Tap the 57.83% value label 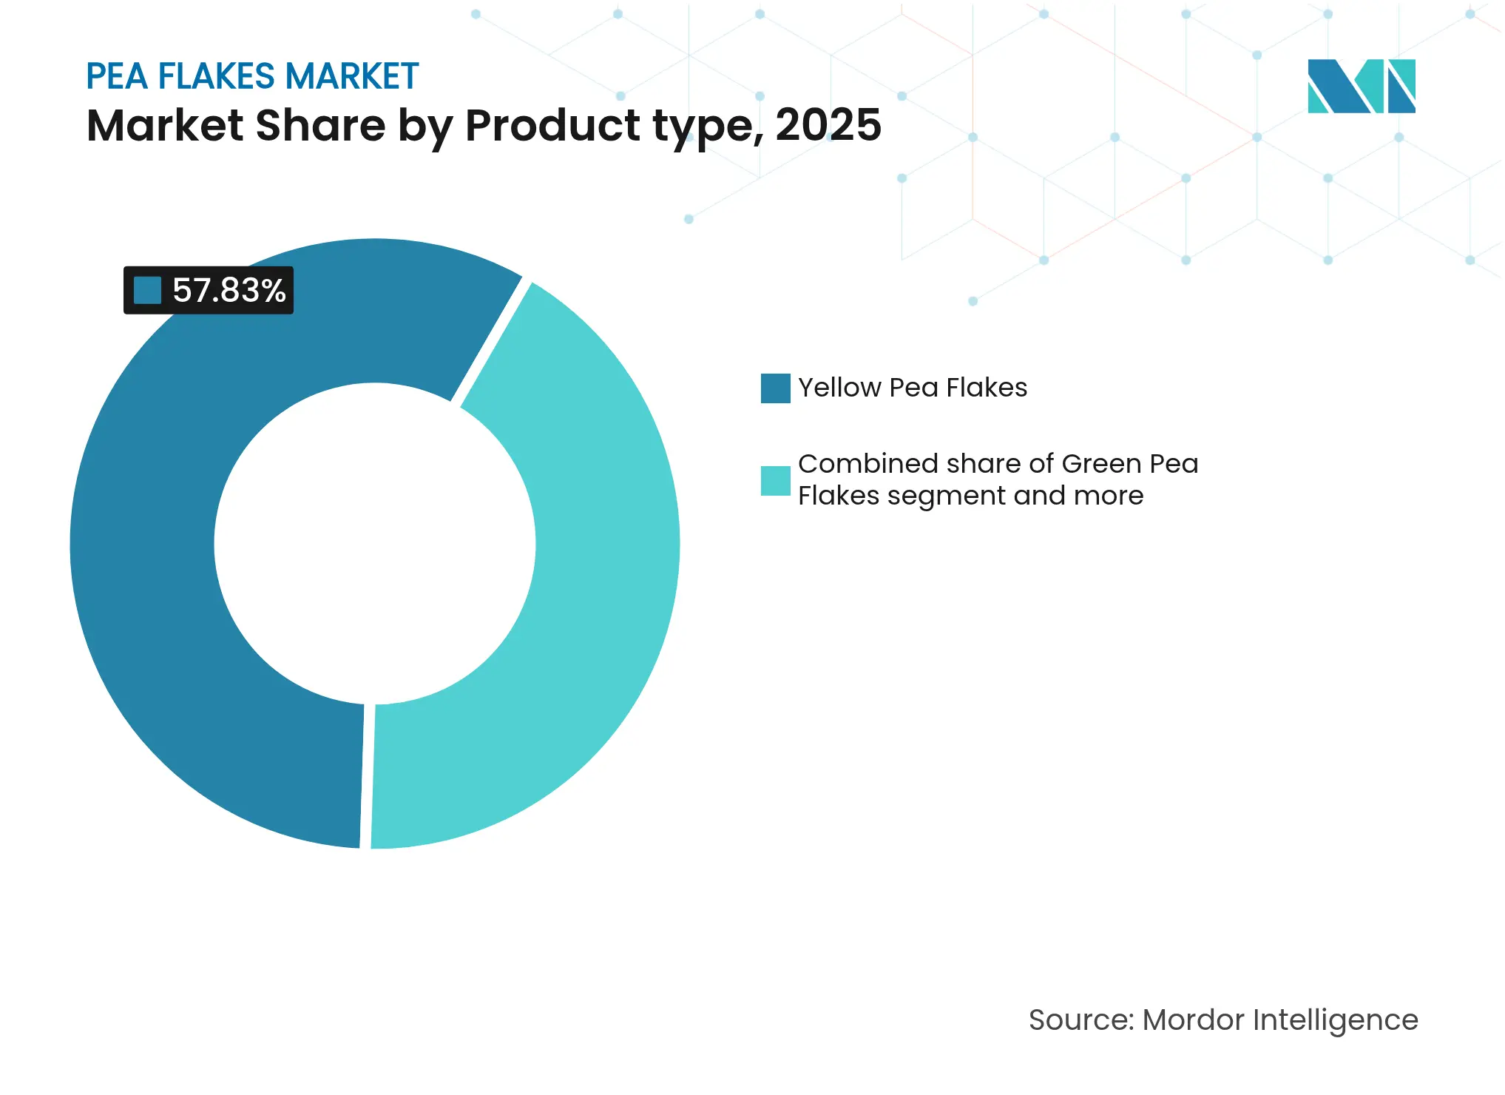click(229, 291)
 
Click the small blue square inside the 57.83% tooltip click(147, 291)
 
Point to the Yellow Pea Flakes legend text click(912, 388)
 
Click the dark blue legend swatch click(775, 388)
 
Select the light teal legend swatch click(775, 481)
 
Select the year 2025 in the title click(828, 125)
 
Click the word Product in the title click(552, 125)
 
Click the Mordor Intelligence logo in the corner click(1361, 86)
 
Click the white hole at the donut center click(375, 544)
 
